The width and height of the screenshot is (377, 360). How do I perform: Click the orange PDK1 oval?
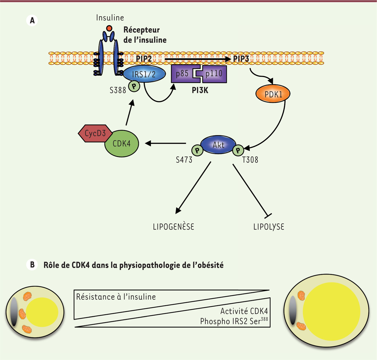pos(273,94)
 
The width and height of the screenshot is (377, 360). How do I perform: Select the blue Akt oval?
pos(218,145)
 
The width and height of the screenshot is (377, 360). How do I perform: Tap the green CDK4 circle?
pos(122,144)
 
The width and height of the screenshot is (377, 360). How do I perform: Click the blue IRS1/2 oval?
pos(144,74)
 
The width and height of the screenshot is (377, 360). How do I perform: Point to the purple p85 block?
pos(183,74)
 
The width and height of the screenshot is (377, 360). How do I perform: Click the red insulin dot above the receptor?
pos(109,29)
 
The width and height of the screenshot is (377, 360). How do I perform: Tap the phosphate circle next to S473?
pos(197,151)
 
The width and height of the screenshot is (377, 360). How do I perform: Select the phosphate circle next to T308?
pos(238,151)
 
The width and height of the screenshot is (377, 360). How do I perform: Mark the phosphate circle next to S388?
pos(134,86)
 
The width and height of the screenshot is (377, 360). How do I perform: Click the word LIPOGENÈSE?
pos(173,226)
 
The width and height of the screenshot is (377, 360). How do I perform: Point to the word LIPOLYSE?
pos(269,227)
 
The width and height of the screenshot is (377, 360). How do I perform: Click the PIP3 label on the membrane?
pos(241,59)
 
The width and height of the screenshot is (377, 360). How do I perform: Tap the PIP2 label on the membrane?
pos(144,59)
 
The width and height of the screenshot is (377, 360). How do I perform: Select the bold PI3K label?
pos(200,91)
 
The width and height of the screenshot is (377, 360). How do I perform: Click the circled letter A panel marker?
pos(32,21)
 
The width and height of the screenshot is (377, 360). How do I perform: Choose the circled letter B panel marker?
pos(32,265)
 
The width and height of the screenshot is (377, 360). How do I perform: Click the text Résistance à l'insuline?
pos(116,297)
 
